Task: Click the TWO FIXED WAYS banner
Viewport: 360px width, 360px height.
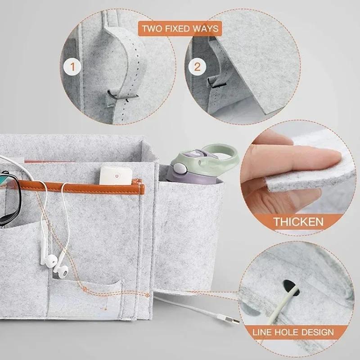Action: tap(180, 29)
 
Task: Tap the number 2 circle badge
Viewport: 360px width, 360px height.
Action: tap(197, 67)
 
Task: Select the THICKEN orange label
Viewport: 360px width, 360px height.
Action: tap(298, 221)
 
